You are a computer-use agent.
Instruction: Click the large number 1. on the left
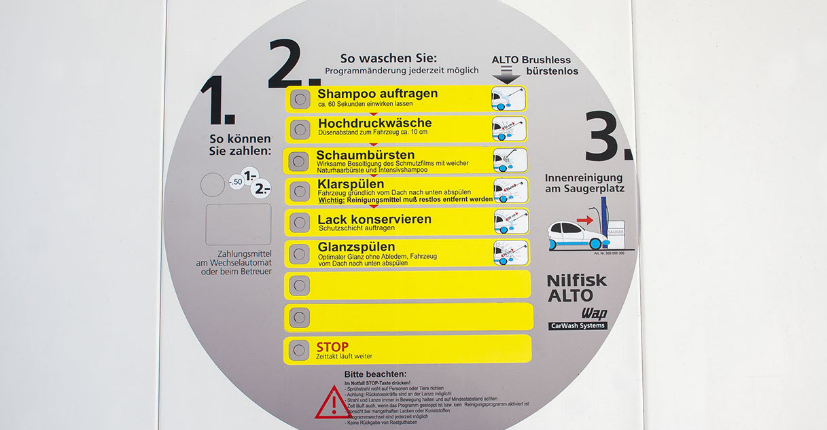tap(217, 102)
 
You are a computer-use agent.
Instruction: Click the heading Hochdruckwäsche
tap(374, 124)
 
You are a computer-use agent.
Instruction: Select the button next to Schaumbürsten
tap(298, 161)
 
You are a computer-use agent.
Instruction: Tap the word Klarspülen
tap(351, 184)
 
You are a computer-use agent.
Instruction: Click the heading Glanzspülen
tap(356, 247)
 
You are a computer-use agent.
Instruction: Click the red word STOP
tap(332, 347)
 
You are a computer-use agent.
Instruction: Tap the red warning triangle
tap(334, 402)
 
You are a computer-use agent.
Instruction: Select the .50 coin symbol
tap(236, 181)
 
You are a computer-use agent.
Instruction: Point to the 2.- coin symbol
tap(260, 189)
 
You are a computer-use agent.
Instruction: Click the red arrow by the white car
tap(584, 219)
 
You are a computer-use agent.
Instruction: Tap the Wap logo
tap(593, 314)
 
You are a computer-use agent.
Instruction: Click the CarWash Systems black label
tap(577, 326)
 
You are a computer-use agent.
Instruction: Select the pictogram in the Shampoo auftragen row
tap(508, 99)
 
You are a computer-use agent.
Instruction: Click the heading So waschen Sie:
tap(389, 58)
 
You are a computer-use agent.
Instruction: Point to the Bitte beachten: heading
tap(375, 374)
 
